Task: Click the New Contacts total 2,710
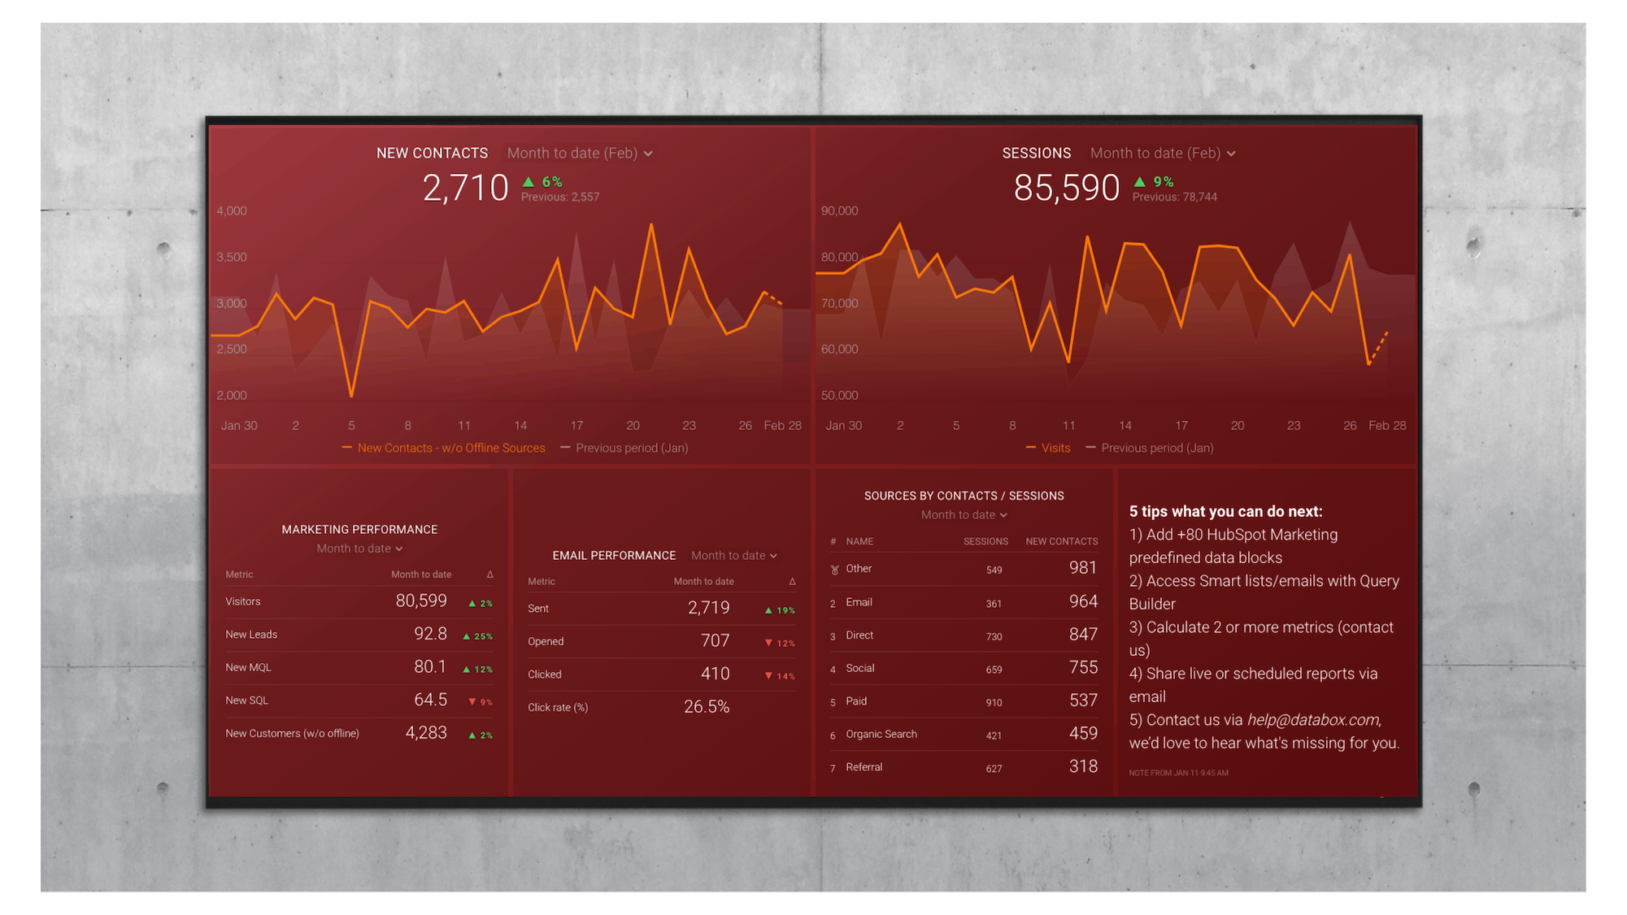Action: point(465,189)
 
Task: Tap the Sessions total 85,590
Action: point(1066,189)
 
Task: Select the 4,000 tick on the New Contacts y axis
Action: point(232,211)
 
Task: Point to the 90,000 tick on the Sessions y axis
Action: point(839,211)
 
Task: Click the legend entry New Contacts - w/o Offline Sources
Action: point(450,449)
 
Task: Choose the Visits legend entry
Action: point(1055,449)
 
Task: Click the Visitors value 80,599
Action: point(421,601)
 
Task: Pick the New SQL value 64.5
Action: point(430,700)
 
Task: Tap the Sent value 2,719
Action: point(708,608)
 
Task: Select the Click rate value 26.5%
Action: point(707,707)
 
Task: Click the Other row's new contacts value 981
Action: point(1082,568)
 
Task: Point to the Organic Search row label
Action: point(881,735)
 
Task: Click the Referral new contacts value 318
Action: point(1082,766)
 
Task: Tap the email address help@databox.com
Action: point(1312,720)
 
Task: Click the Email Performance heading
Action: point(614,556)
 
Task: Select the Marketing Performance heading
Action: point(359,530)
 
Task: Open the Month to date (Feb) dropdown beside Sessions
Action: point(1162,154)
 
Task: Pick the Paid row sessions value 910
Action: point(994,703)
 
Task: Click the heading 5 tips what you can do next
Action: point(1225,512)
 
